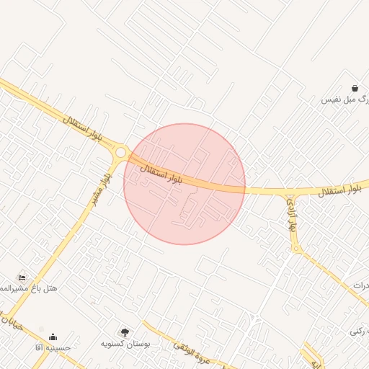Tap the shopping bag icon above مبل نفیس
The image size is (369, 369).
pyautogui.click(x=355, y=88)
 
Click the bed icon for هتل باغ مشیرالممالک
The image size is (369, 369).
pyautogui.click(x=22, y=277)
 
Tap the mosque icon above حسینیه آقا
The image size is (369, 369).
pyautogui.click(x=52, y=337)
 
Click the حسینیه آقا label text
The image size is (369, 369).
pyautogui.click(x=53, y=347)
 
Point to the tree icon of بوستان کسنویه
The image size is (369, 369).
pyautogui.click(x=125, y=332)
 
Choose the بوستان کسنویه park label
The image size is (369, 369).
pyautogui.click(x=128, y=344)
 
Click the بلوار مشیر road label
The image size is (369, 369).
pyautogui.click(x=99, y=187)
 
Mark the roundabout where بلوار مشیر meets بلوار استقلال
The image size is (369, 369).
pyautogui.click(x=121, y=153)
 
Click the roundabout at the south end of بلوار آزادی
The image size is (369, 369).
pyautogui.click(x=295, y=249)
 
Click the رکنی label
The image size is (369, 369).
pyautogui.click(x=360, y=331)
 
